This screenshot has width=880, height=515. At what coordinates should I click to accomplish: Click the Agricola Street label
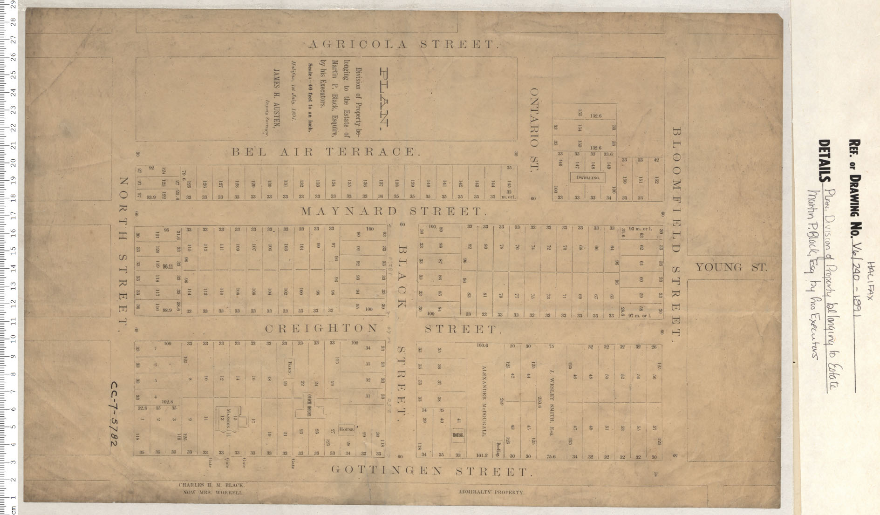403,45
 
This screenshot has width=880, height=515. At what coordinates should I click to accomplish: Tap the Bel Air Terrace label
326,152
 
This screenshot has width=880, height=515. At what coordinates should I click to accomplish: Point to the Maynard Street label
394,211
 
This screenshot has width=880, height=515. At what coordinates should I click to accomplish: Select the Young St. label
731,268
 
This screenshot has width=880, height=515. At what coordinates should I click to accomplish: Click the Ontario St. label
534,129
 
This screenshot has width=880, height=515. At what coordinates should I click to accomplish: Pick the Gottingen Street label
431,471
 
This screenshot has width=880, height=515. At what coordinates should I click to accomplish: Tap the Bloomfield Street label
676,231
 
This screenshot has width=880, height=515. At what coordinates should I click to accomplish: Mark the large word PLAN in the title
385,98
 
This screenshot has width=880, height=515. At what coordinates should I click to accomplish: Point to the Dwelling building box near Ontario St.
587,177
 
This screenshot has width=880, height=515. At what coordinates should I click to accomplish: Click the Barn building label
289,368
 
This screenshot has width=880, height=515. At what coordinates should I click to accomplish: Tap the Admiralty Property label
491,492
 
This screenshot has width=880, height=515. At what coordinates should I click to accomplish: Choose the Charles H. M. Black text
211,485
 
